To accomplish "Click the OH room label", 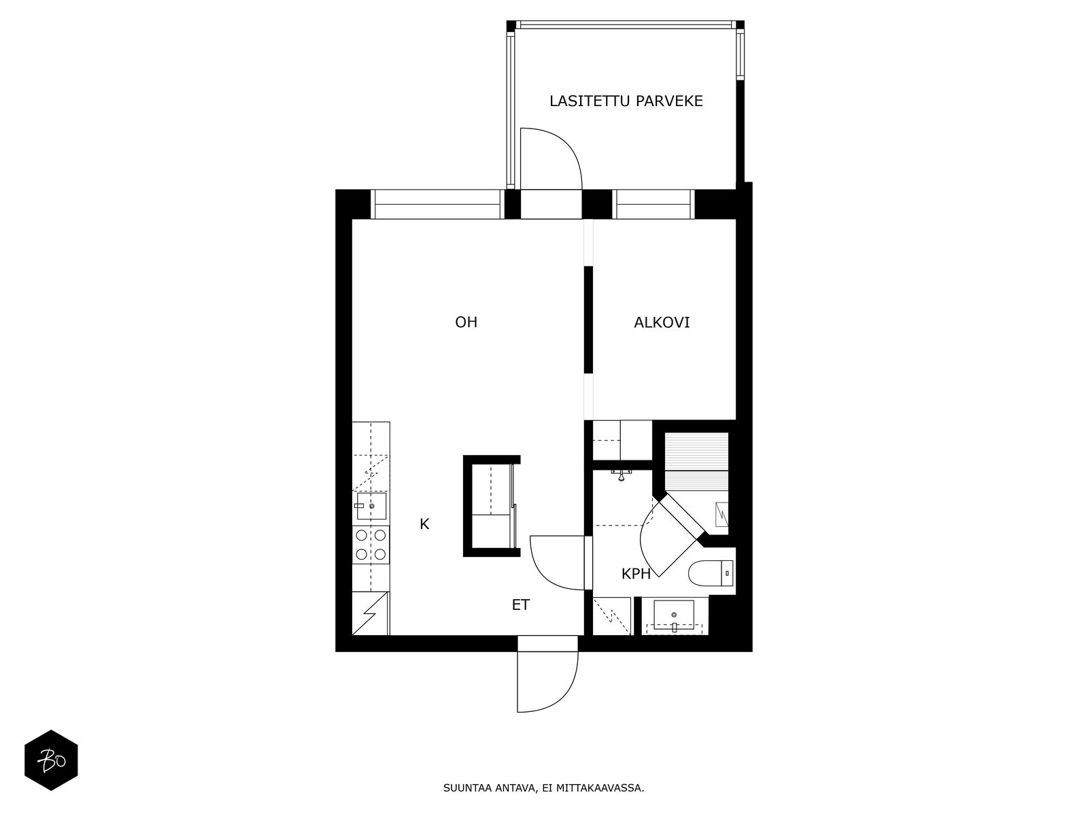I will [x=466, y=322].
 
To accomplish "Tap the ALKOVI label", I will [x=662, y=322].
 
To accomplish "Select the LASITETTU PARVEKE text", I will [x=626, y=101].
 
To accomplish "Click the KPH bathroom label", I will [x=636, y=574].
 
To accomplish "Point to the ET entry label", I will [x=520, y=605].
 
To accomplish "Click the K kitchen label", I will [x=424, y=524].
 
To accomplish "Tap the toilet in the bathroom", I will [x=711, y=574].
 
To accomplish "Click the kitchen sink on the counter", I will [x=371, y=507].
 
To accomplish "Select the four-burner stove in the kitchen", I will [x=371, y=545].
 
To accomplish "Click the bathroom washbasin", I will [x=674, y=615].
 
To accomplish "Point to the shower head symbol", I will [x=621, y=474].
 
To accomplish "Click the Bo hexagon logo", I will [x=51, y=760].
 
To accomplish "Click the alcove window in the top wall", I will [x=653, y=204].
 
